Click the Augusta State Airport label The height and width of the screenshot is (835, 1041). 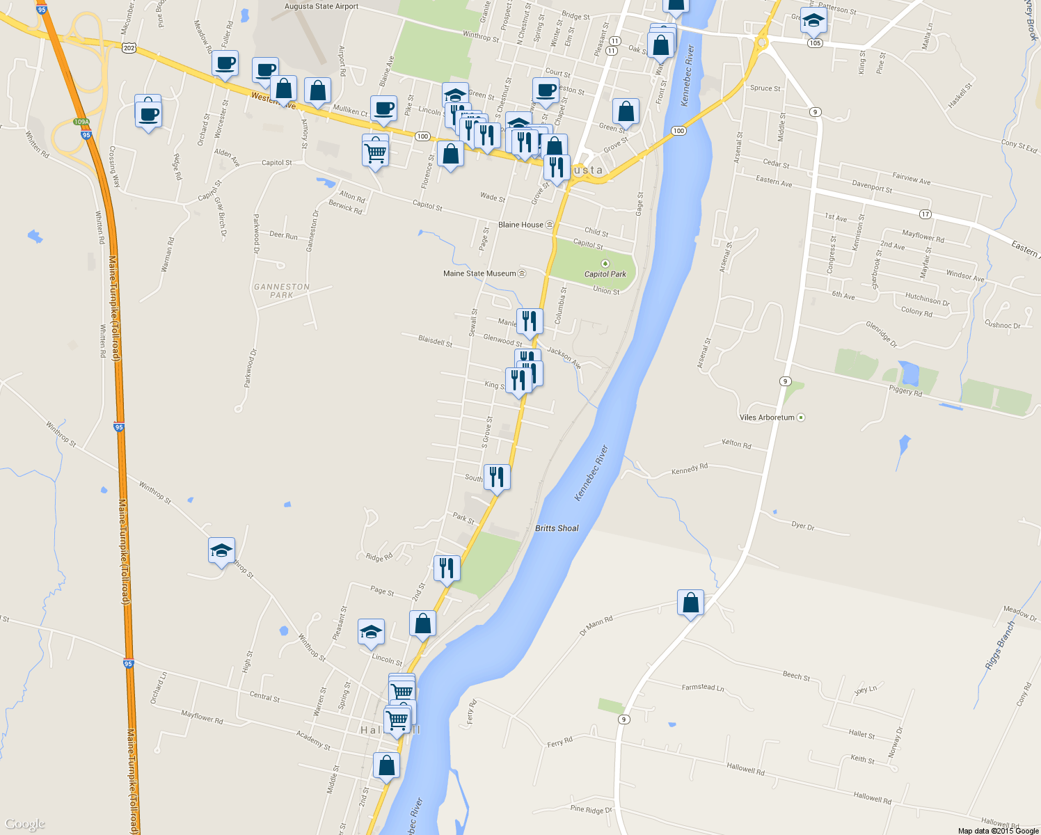tap(321, 7)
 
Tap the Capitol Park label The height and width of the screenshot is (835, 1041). tap(605, 273)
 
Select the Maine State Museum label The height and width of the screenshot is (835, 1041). tap(480, 273)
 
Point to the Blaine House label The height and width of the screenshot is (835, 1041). tap(521, 225)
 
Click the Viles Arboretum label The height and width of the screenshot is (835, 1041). tap(767, 417)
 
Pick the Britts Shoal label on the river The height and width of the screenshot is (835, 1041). tap(557, 528)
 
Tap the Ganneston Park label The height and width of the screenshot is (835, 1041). tap(281, 291)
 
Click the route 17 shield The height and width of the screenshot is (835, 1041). tap(925, 214)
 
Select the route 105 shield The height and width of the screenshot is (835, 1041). tap(815, 43)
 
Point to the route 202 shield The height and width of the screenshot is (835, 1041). tap(128, 48)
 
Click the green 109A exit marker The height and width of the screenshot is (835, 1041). tap(81, 122)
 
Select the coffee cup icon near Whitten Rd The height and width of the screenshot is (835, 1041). tap(148, 113)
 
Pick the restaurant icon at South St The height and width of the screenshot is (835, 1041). tap(496, 477)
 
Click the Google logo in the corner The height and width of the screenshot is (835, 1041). tap(24, 824)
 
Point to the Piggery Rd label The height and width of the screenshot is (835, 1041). tap(905, 390)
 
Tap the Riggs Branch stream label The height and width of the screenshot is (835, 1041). tap(1000, 646)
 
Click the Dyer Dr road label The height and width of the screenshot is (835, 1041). tap(802, 526)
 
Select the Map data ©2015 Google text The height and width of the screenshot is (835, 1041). tap(998, 831)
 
